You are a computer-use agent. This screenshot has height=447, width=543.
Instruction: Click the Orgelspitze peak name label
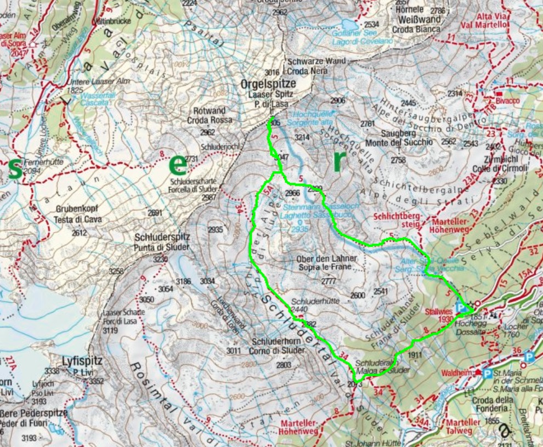pyautogui.click(x=268, y=83)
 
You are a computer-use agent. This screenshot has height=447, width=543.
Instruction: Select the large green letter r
pyautogui.click(x=340, y=160)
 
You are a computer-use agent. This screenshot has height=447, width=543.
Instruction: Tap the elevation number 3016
pyautogui.click(x=271, y=72)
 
